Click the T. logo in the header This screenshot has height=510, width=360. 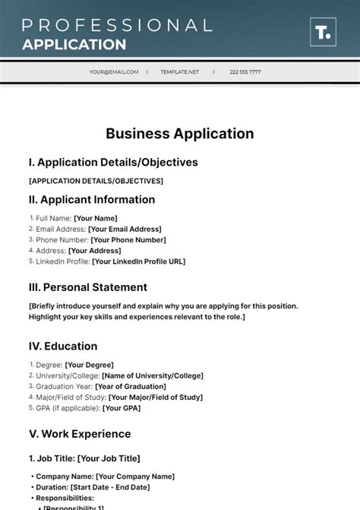[322, 33]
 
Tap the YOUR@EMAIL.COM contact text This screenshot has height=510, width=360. [114, 72]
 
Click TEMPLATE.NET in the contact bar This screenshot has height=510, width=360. [179, 72]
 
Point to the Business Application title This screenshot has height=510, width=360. [180, 134]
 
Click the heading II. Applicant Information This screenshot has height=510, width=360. [91, 200]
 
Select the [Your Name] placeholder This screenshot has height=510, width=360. [96, 218]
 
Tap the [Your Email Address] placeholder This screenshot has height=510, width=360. [125, 229]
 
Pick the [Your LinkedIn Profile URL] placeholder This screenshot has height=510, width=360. [138, 261]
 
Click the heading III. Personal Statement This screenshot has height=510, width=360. [87, 287]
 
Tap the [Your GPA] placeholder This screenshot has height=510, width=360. [121, 408]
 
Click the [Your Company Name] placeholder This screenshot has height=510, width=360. [132, 477]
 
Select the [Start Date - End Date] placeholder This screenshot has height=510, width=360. [110, 487]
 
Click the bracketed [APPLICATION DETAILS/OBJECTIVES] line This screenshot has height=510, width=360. [96, 181]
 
